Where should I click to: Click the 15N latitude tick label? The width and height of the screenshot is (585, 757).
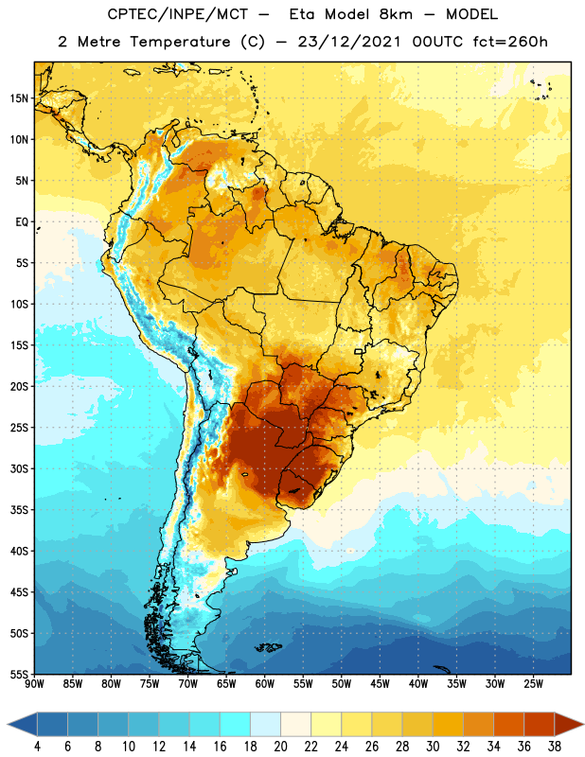(x=19, y=98)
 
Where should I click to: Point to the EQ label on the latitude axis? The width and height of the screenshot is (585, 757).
(x=22, y=222)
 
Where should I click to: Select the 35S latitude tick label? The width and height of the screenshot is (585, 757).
(x=19, y=510)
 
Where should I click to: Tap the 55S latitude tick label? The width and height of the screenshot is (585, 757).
(x=19, y=674)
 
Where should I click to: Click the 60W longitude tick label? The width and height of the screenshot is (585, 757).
(x=265, y=684)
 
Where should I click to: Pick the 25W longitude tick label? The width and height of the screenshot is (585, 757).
(x=533, y=684)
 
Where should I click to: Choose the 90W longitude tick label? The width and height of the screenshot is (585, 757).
(x=34, y=684)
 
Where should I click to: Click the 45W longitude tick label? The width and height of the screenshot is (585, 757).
(x=380, y=684)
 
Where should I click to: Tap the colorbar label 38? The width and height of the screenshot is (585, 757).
(x=554, y=747)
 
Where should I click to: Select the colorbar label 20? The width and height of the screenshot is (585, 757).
(x=280, y=747)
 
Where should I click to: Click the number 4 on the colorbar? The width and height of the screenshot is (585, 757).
(x=37, y=747)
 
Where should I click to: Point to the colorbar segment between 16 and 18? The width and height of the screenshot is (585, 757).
(x=235, y=724)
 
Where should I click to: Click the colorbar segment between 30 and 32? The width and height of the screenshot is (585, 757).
(x=448, y=724)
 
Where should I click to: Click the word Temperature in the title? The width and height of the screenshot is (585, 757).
(x=180, y=42)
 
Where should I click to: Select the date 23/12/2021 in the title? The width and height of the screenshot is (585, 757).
(x=348, y=42)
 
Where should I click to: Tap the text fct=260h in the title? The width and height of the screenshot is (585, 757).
(x=510, y=42)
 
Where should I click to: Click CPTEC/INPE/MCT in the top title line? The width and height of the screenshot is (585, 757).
(x=178, y=14)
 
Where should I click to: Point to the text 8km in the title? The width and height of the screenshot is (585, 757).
(x=396, y=14)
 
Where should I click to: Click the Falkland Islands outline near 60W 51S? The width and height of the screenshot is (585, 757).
(x=268, y=647)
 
